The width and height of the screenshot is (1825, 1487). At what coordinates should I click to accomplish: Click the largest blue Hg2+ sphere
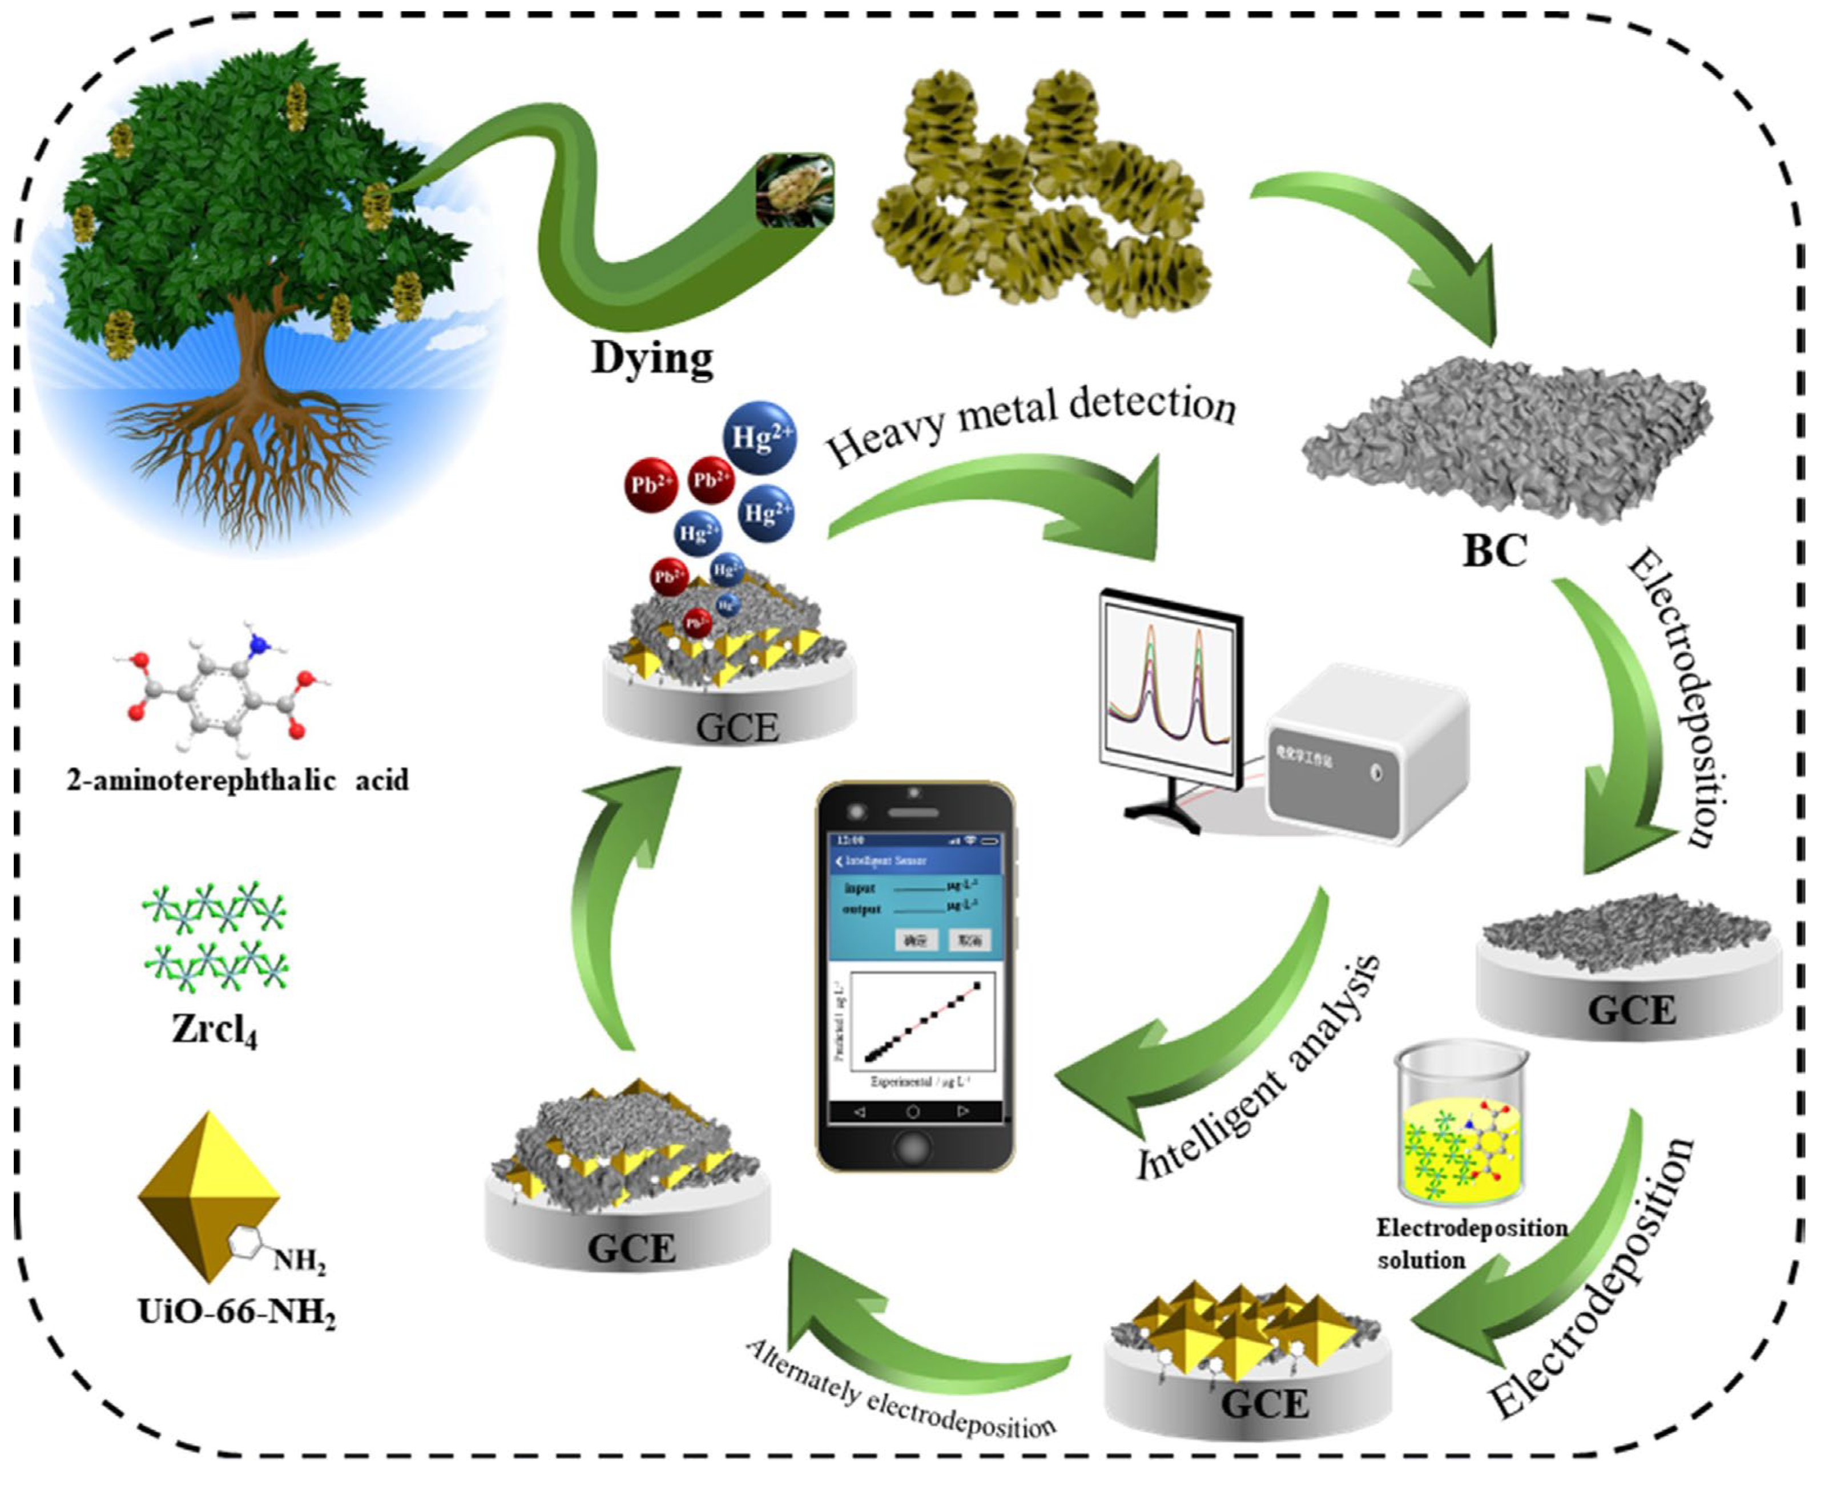(x=759, y=437)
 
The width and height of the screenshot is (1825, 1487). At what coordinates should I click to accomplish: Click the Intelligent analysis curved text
(x=1259, y=1070)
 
